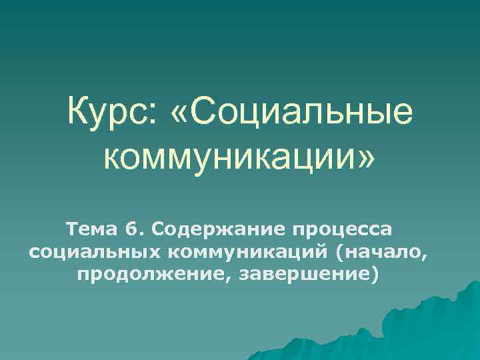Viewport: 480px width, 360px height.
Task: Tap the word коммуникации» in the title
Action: pyautogui.click(x=240, y=159)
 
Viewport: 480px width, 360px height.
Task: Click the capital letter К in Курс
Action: pyautogui.click(x=77, y=114)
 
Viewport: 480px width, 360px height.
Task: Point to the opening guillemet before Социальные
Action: pyautogui.click(x=182, y=115)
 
